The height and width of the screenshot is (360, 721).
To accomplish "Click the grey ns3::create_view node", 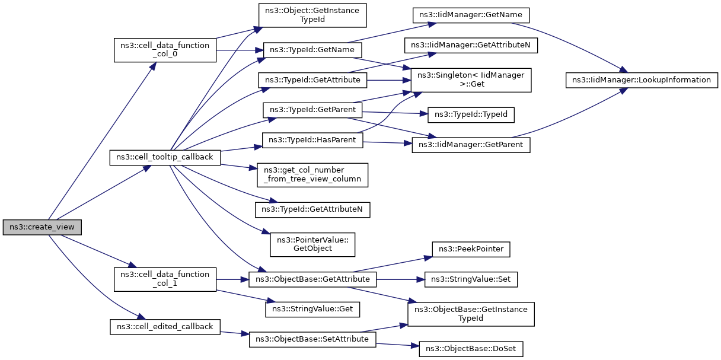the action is [x=42, y=227].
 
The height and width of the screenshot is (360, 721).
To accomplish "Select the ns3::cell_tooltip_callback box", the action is [x=165, y=158].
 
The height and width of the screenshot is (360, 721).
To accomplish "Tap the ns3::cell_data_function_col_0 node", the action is [x=165, y=50].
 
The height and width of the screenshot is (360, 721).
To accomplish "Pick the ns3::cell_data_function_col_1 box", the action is [x=165, y=279].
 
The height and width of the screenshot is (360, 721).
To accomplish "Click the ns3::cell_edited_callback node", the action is [x=165, y=327].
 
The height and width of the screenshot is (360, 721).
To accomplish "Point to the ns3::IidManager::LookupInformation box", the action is [x=642, y=80].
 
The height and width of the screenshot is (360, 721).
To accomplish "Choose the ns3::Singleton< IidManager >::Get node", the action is [x=471, y=80].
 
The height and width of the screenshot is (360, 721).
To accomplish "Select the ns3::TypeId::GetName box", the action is [x=312, y=50].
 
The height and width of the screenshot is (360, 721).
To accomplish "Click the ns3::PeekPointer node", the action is [x=471, y=250].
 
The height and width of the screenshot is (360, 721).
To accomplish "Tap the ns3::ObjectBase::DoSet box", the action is [x=471, y=349].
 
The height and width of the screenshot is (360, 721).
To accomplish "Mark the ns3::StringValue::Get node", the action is [x=312, y=310].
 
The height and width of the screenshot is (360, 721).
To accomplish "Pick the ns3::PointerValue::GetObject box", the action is [x=312, y=245].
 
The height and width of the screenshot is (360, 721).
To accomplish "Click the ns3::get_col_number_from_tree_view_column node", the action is [x=312, y=175].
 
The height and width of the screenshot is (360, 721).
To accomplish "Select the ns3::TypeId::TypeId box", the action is [x=471, y=115].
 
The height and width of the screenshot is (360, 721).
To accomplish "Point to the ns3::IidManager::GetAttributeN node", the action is [x=471, y=46].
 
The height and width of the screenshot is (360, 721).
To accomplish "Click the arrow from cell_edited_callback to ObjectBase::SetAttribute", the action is [x=235, y=333].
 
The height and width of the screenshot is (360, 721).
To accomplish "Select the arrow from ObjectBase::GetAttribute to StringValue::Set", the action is [x=400, y=279].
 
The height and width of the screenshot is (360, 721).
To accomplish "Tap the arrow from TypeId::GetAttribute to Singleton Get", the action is [x=389, y=80].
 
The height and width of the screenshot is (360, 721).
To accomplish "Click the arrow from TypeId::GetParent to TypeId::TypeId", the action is [x=395, y=113].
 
